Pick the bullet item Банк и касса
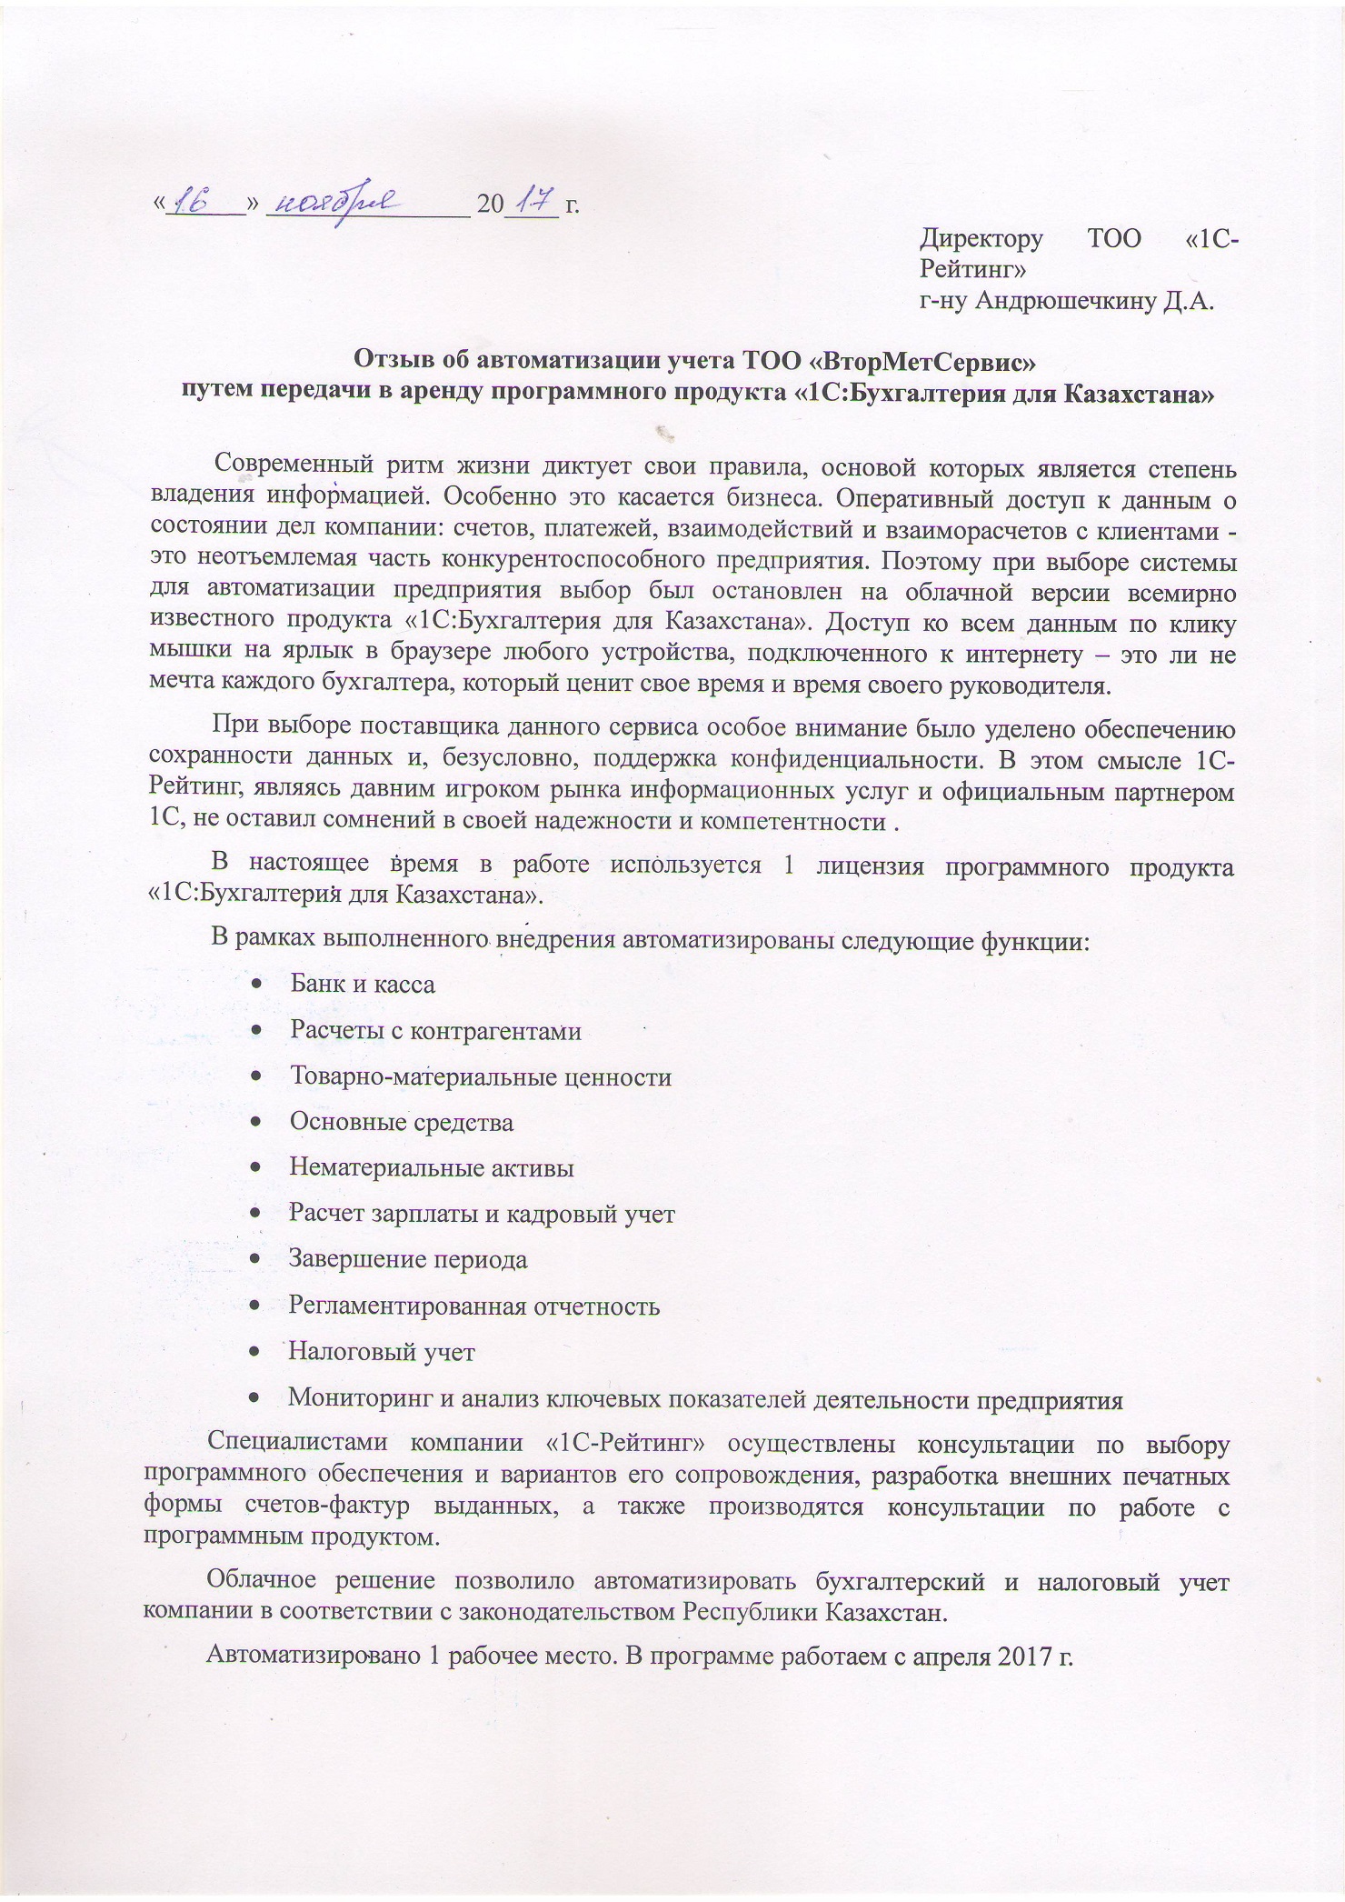[362, 984]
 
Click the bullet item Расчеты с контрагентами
[435, 1030]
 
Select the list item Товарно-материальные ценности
[480, 1076]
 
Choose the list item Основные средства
[401, 1122]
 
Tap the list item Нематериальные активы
[431, 1167]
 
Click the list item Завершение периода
[407, 1259]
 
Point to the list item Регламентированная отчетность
[473, 1306]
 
